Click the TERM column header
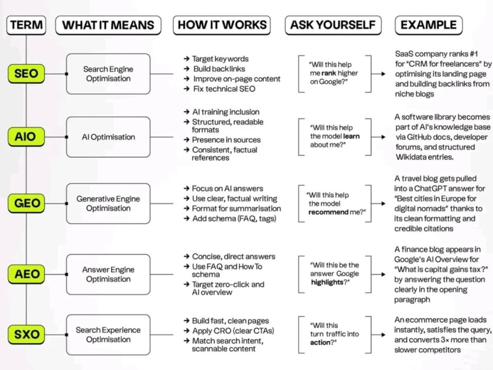26,25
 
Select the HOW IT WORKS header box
222,25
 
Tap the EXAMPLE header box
428,25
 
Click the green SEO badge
26,74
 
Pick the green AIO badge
26,137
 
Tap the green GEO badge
26,203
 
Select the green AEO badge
26,274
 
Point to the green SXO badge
26,334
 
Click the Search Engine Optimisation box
108,74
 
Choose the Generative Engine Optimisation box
108,203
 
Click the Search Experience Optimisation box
108,334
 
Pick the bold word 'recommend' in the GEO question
328,212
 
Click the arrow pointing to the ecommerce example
378,335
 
